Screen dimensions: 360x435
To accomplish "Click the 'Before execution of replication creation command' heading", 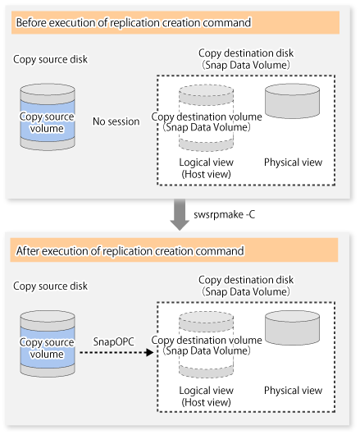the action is pyautogui.click(x=134, y=22).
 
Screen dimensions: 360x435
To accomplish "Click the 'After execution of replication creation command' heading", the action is pyautogui.click(x=130, y=251).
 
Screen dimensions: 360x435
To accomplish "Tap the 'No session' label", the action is pyautogui.click(x=116, y=121).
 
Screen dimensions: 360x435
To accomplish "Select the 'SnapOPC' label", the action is pyautogui.click(x=113, y=341).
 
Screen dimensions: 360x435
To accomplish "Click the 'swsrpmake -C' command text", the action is pyautogui.click(x=224, y=214).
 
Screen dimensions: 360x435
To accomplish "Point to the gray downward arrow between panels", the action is pyautogui.click(x=180, y=214).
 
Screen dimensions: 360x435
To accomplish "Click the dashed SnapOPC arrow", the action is pyautogui.click(x=116, y=353).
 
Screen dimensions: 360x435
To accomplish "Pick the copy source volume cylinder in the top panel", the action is pyautogui.click(x=48, y=117).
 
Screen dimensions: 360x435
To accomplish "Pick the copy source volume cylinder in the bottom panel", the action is pyautogui.click(x=48, y=343).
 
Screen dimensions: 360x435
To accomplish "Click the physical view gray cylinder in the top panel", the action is pyautogui.click(x=293, y=101).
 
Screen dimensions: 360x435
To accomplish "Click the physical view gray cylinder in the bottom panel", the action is pyautogui.click(x=293, y=328).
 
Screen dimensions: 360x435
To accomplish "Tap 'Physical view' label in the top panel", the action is pyautogui.click(x=293, y=163).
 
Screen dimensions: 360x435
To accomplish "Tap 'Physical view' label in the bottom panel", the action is pyautogui.click(x=293, y=391).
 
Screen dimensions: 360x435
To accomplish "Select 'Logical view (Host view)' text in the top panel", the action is pyautogui.click(x=206, y=168).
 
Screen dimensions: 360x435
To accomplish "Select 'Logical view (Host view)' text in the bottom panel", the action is pyautogui.click(x=206, y=396).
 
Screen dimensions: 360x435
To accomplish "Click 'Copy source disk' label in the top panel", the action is pyautogui.click(x=51, y=59).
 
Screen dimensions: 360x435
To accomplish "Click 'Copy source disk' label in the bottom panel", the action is pyautogui.click(x=51, y=286).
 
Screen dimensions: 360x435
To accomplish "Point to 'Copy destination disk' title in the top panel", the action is pyautogui.click(x=246, y=53).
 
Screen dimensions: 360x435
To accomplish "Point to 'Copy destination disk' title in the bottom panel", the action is pyautogui.click(x=246, y=280).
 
